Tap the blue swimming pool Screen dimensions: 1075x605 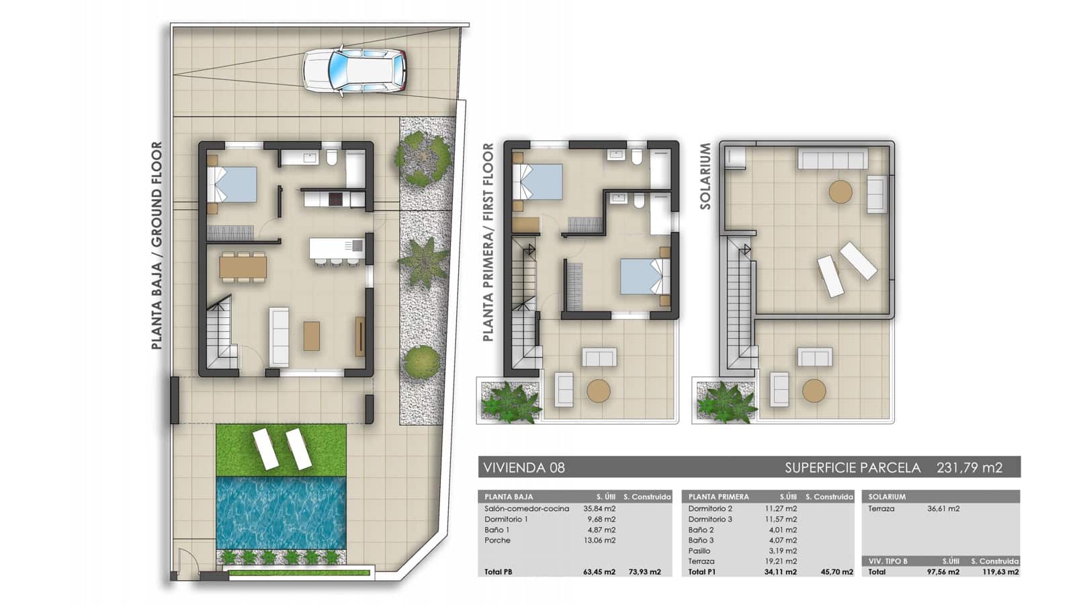pos(282,513)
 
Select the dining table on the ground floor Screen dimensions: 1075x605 pos(243,268)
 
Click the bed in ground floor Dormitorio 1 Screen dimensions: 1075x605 pos(232,184)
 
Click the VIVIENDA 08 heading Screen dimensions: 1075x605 pos(524,467)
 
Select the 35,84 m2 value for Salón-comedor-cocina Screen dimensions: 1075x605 pos(599,508)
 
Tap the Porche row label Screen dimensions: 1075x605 pos(498,540)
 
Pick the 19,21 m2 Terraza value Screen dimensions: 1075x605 pos(781,561)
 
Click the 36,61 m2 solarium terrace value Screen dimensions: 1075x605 pos(943,508)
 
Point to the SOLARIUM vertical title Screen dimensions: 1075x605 pos(705,176)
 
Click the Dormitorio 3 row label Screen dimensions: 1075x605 pos(710,519)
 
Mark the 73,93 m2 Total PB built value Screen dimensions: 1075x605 pos(644,572)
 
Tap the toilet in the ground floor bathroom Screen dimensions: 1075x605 pos(332,157)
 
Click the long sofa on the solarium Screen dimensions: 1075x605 pos(832,159)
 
